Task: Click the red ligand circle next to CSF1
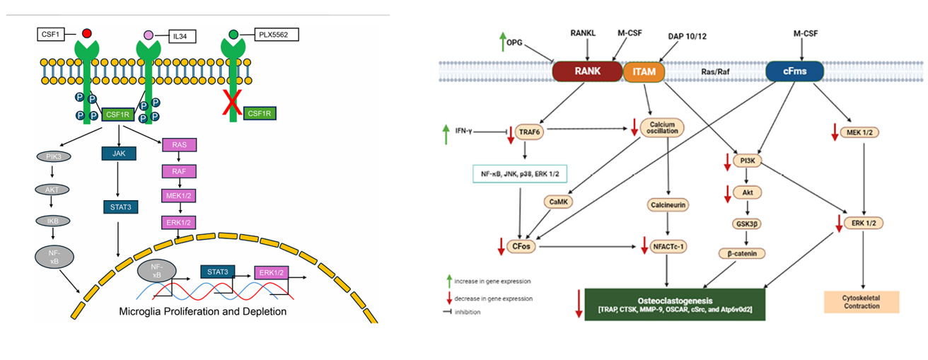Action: click(86, 33)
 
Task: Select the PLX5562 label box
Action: click(274, 34)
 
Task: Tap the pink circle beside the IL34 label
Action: click(149, 35)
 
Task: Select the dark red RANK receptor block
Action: click(586, 71)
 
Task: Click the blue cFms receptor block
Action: click(794, 71)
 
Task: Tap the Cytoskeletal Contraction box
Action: click(862, 301)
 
